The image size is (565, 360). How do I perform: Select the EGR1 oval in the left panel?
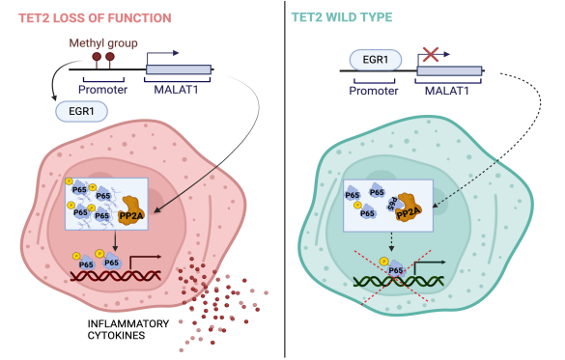(82, 113)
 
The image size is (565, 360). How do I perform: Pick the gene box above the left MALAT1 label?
(179, 70)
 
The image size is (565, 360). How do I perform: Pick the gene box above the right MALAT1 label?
(449, 69)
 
